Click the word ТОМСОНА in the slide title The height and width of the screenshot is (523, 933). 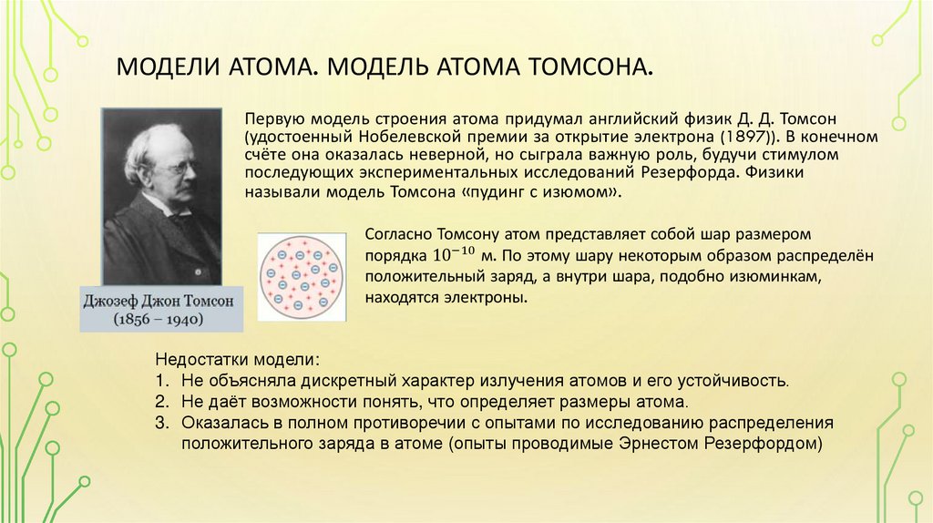pyautogui.click(x=597, y=67)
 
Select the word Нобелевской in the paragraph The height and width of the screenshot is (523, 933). pyautogui.click(x=378, y=137)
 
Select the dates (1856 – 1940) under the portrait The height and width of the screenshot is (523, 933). pyautogui.click(x=159, y=320)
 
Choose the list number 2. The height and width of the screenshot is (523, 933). pyautogui.click(x=160, y=402)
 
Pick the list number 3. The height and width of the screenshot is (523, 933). pyautogui.click(x=160, y=423)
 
